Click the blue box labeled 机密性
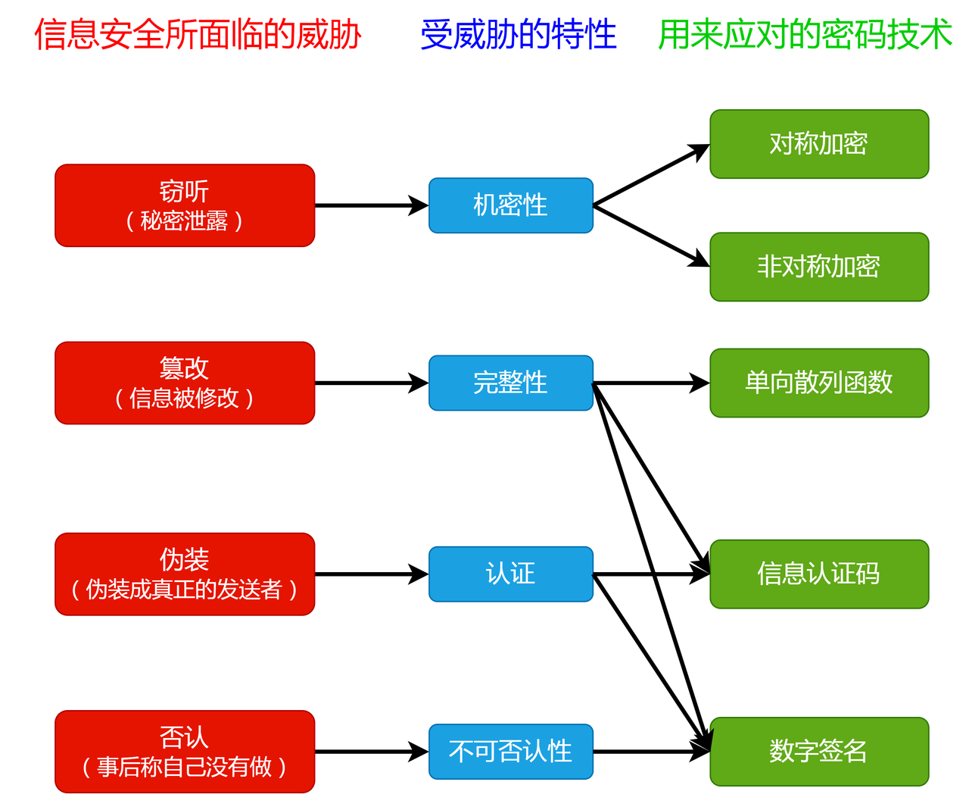point(511,205)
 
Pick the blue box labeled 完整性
point(511,383)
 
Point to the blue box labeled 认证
point(511,574)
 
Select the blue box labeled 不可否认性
point(511,751)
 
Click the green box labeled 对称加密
point(819,144)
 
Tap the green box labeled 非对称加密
point(819,267)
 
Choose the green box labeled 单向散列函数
point(819,383)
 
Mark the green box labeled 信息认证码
point(819,574)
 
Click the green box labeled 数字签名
point(819,751)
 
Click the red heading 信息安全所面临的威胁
point(198,35)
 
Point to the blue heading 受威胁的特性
point(519,35)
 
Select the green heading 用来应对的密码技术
point(805,35)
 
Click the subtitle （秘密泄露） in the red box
point(185,221)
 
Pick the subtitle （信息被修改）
point(185,399)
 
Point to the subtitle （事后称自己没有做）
point(185,768)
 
